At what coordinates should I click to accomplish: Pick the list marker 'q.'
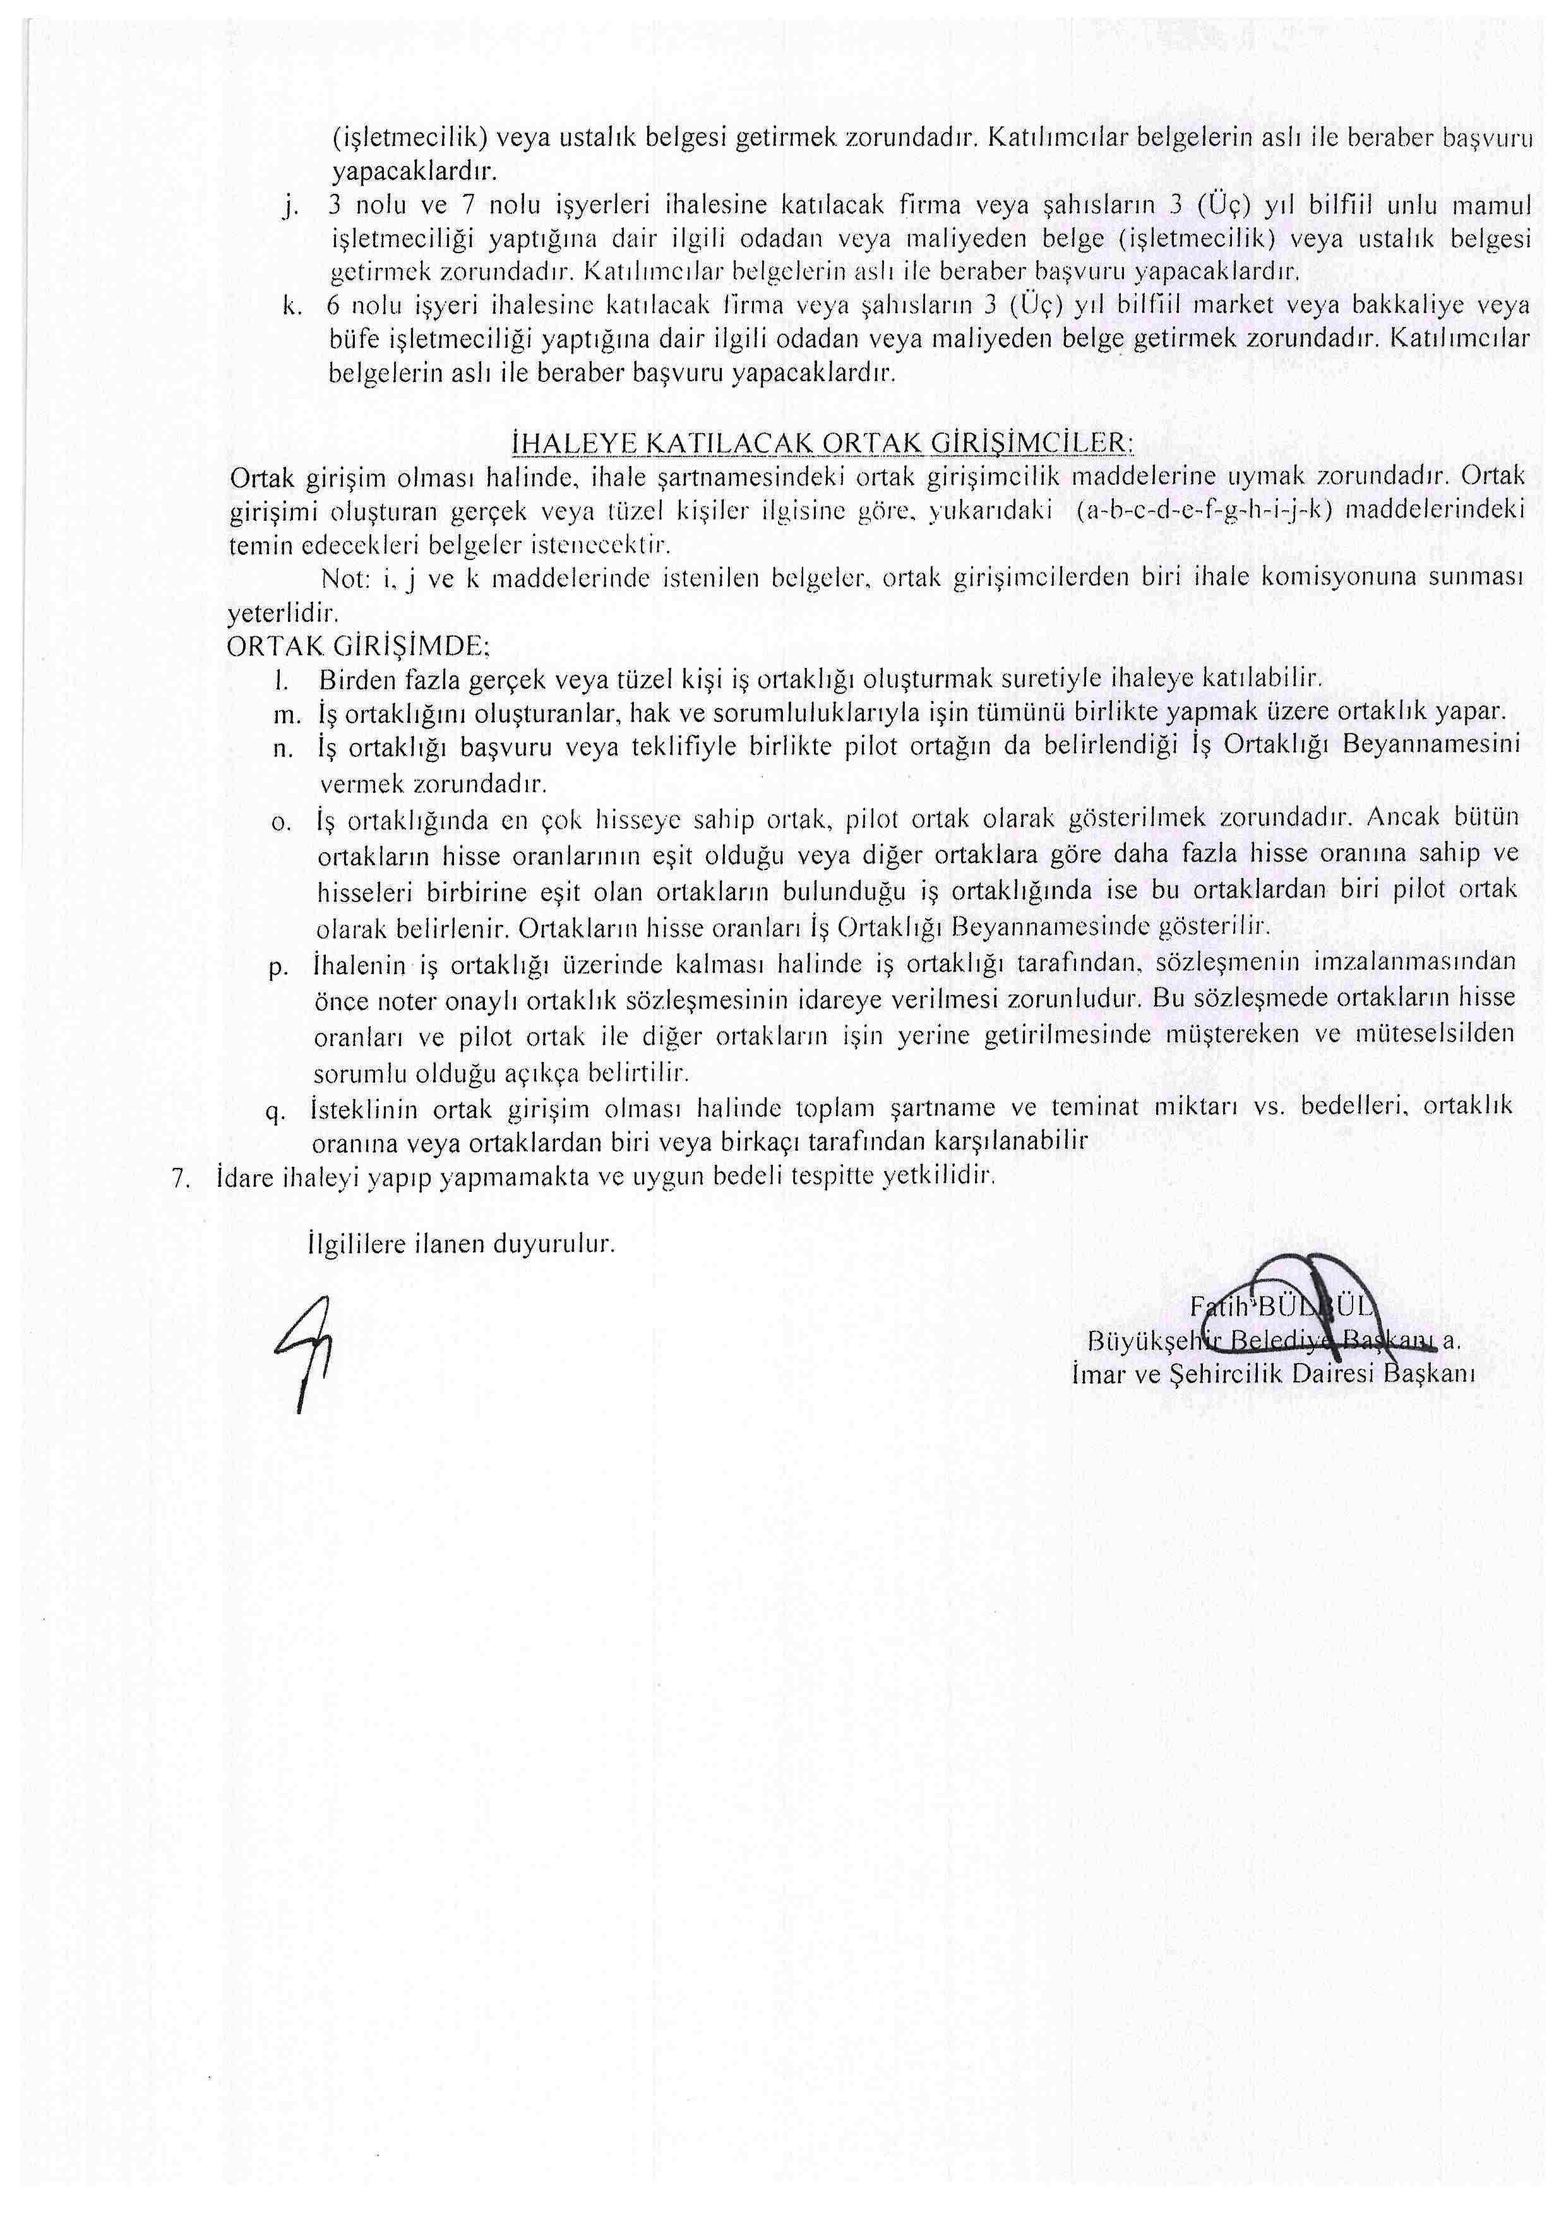pos(276,1111)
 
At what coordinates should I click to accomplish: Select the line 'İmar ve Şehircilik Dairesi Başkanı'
pos(1273,1375)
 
